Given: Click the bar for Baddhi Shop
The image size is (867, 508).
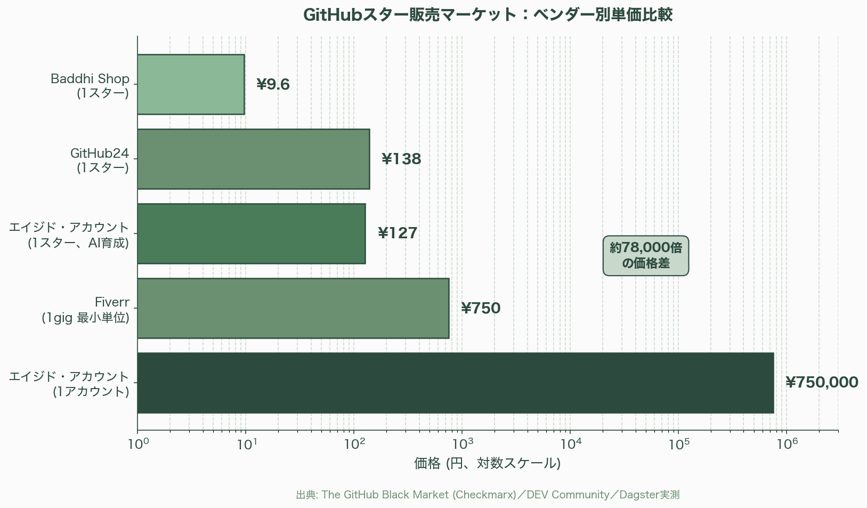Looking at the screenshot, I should point(191,84).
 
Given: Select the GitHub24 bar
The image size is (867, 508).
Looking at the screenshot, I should point(253,159).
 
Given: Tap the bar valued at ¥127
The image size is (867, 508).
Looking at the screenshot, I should point(251,233).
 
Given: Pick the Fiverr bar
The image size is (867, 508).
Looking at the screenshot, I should point(293,308).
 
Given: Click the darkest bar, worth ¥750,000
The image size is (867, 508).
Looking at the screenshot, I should point(455,383).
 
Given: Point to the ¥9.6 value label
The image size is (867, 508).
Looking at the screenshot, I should point(273,85).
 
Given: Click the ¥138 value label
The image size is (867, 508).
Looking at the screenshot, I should point(401,159).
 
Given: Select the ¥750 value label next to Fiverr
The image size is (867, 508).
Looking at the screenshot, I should point(481,309).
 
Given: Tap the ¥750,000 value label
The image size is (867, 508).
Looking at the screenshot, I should point(821,383).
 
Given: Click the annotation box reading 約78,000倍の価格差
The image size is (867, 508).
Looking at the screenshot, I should point(645,256).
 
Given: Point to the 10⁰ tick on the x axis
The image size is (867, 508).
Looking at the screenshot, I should point(138,444).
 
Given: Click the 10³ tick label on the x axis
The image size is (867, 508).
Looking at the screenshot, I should point(462,444).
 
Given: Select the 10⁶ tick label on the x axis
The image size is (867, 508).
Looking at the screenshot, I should point(787,444).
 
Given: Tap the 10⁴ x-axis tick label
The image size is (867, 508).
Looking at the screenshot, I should point(570,444).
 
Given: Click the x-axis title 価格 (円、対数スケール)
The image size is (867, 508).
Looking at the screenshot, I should point(487,463).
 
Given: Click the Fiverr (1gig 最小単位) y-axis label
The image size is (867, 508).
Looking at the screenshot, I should point(86,310).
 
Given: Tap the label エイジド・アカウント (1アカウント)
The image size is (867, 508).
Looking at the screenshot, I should point(70,384).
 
